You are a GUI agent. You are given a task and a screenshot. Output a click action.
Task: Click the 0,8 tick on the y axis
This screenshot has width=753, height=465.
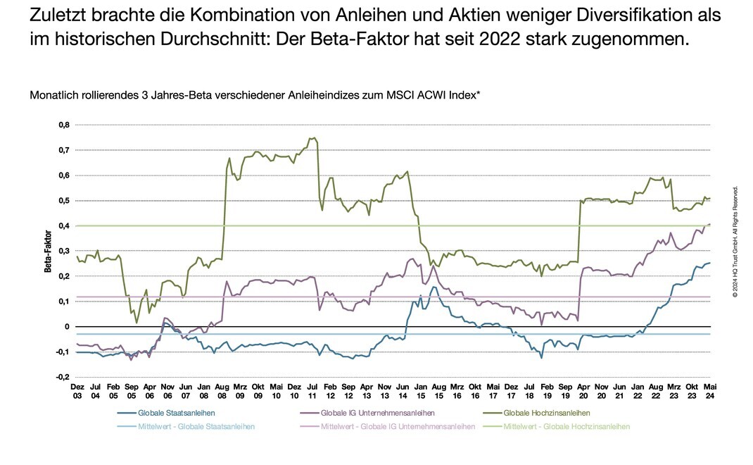63,125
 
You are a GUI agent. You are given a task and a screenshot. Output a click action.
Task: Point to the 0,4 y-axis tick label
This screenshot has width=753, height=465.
63,225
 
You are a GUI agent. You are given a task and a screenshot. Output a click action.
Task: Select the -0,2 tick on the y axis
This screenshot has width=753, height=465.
62,377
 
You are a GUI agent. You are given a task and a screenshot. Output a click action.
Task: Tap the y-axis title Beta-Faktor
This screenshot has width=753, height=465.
49,251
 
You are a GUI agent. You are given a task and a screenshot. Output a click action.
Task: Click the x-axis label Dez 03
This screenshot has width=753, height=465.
77,392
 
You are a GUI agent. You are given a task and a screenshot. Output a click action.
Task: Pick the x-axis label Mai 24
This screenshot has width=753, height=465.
710,392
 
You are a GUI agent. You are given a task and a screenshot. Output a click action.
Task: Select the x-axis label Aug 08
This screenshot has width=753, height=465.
222,392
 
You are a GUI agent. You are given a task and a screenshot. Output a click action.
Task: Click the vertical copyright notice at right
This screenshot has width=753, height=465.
735,241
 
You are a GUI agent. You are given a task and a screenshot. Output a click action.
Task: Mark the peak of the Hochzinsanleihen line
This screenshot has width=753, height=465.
313,138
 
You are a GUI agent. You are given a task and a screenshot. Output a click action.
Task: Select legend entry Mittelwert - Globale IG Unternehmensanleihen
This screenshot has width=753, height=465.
386,426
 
